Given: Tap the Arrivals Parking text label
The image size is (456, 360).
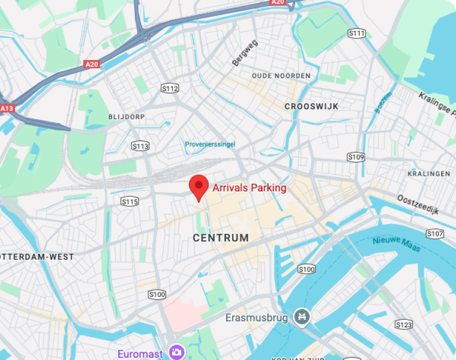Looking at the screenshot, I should [x=249, y=188].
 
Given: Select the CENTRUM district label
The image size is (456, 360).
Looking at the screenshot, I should [x=221, y=238].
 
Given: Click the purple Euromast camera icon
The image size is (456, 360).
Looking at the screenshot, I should [x=176, y=352].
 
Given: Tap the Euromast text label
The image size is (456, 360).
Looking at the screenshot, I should [x=140, y=353].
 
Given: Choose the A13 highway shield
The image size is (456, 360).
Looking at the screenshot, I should [x=6, y=109].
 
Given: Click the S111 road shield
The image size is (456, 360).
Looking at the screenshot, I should [x=356, y=33].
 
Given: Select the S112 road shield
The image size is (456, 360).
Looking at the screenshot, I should [x=170, y=88].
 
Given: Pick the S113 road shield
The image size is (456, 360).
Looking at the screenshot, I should [x=140, y=146].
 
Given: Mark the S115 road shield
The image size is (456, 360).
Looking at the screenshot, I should [x=130, y=202].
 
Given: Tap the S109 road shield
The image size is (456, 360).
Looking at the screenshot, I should [x=356, y=157].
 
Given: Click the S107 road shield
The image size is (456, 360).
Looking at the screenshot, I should [x=435, y=233].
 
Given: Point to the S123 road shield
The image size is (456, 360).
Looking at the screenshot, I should [x=404, y=325].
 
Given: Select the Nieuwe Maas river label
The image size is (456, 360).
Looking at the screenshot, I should [x=396, y=244].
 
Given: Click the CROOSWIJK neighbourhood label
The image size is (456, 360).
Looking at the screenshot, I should [x=311, y=106].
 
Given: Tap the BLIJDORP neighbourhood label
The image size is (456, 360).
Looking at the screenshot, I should [x=127, y=116].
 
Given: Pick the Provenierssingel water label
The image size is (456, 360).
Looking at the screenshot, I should [x=210, y=144].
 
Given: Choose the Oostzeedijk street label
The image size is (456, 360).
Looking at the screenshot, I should [x=418, y=205].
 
